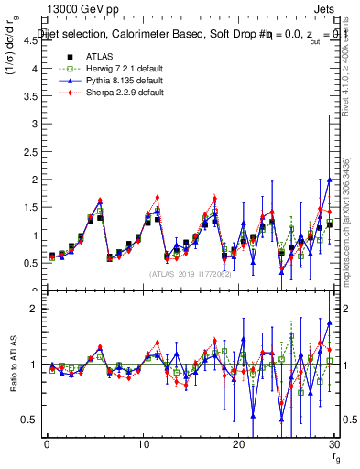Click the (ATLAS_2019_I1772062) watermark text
pos(191,275)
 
